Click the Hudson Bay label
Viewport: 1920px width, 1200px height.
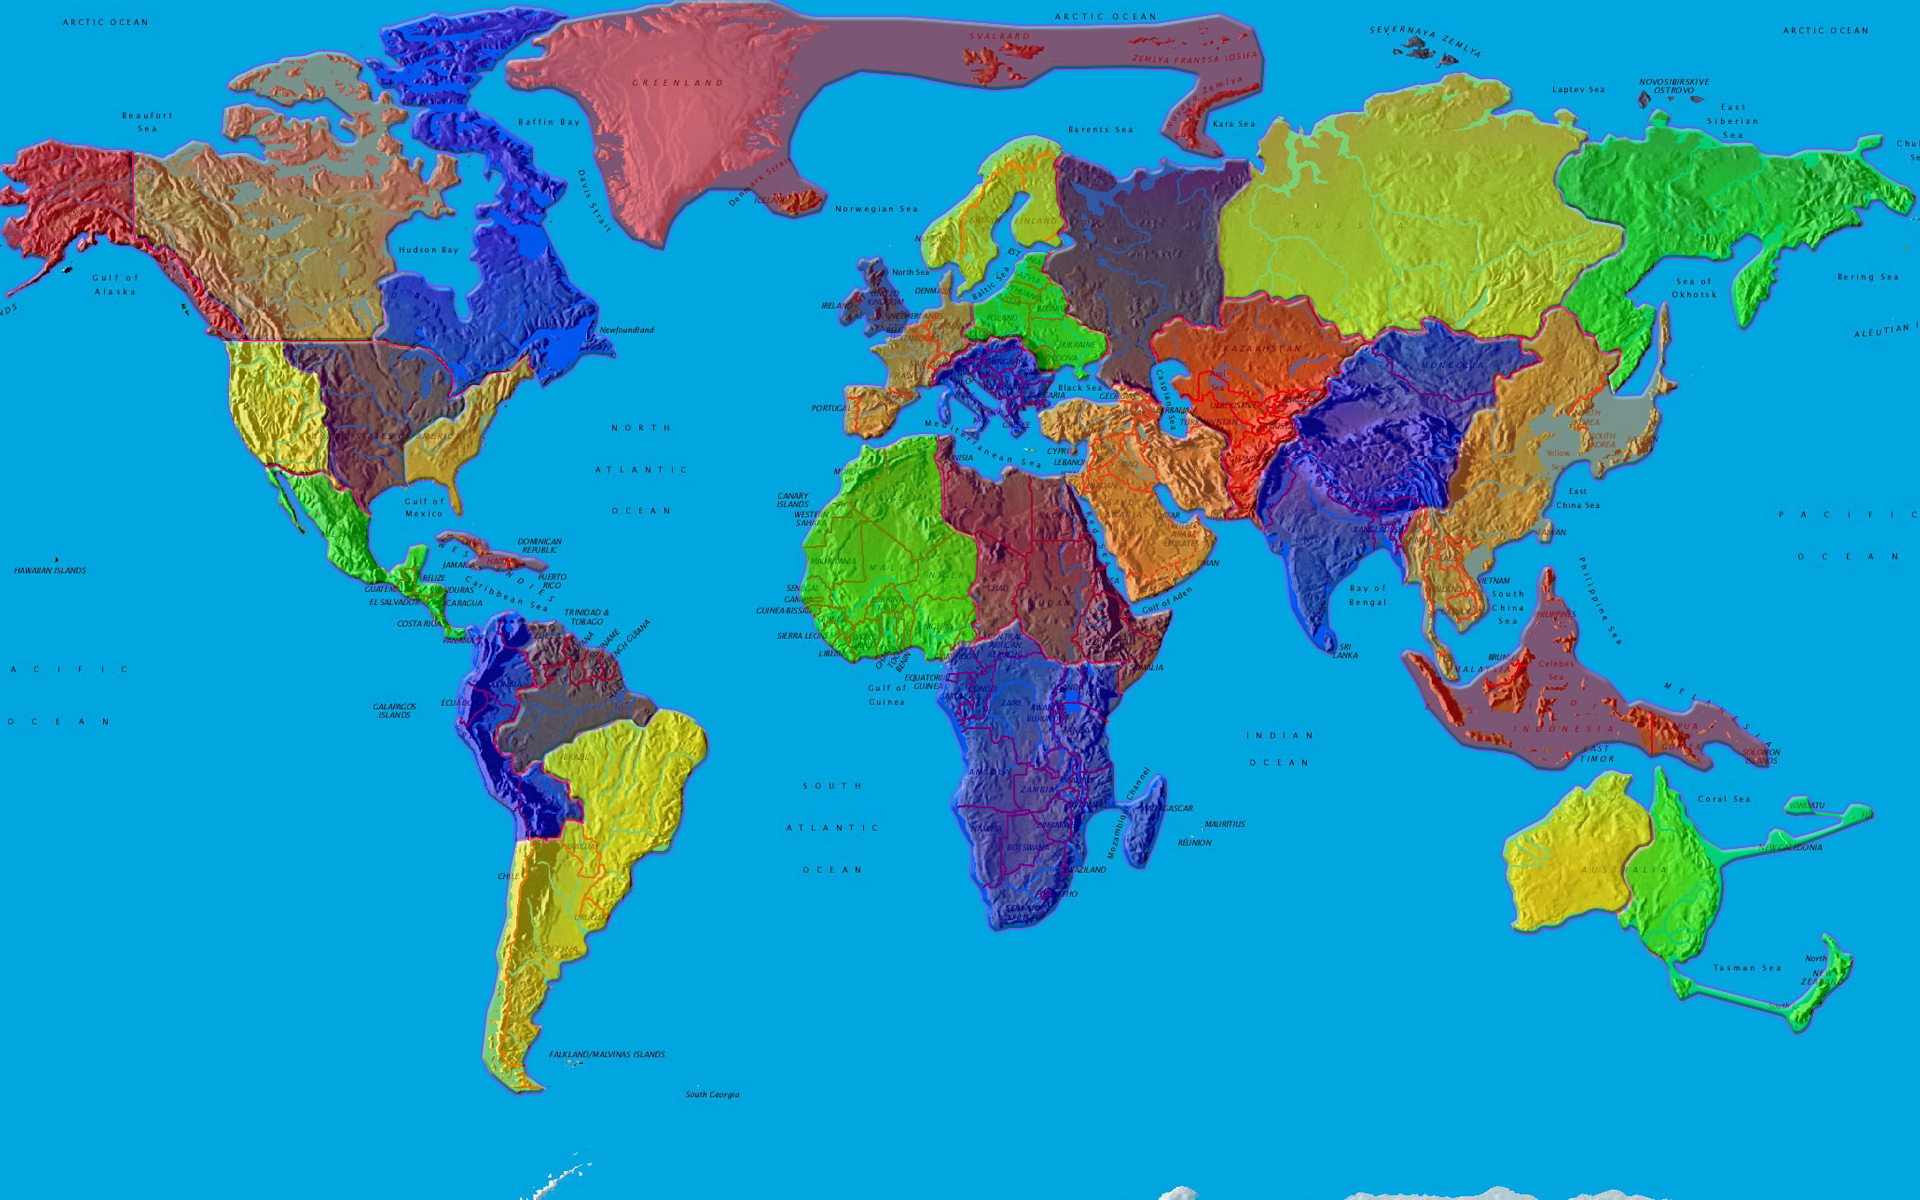pos(428,250)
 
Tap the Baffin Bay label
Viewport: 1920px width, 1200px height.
pos(549,122)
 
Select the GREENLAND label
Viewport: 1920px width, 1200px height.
pos(677,83)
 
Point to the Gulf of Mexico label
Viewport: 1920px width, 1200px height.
pos(424,508)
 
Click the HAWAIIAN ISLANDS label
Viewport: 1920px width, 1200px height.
pos(50,571)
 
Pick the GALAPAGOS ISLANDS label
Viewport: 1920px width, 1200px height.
pos(394,711)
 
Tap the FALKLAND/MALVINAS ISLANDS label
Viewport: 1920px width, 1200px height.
pos(607,1055)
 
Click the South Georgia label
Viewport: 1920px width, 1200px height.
pos(712,1095)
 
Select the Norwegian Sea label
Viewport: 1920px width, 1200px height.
pos(876,209)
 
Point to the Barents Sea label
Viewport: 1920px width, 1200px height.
pos(1100,130)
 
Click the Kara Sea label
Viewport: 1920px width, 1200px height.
pos(1233,124)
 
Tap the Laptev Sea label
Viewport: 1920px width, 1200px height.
pos(1578,90)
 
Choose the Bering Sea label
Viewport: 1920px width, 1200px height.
pos(1867,277)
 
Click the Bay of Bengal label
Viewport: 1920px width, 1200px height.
pos(1367,595)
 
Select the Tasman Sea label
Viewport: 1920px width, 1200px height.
pos(1747,968)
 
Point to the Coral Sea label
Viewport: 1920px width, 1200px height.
pos(1724,799)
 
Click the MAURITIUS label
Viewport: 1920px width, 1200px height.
pos(1224,825)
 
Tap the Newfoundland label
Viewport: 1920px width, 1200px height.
pos(627,330)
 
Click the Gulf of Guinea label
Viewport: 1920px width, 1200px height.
pos(886,695)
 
